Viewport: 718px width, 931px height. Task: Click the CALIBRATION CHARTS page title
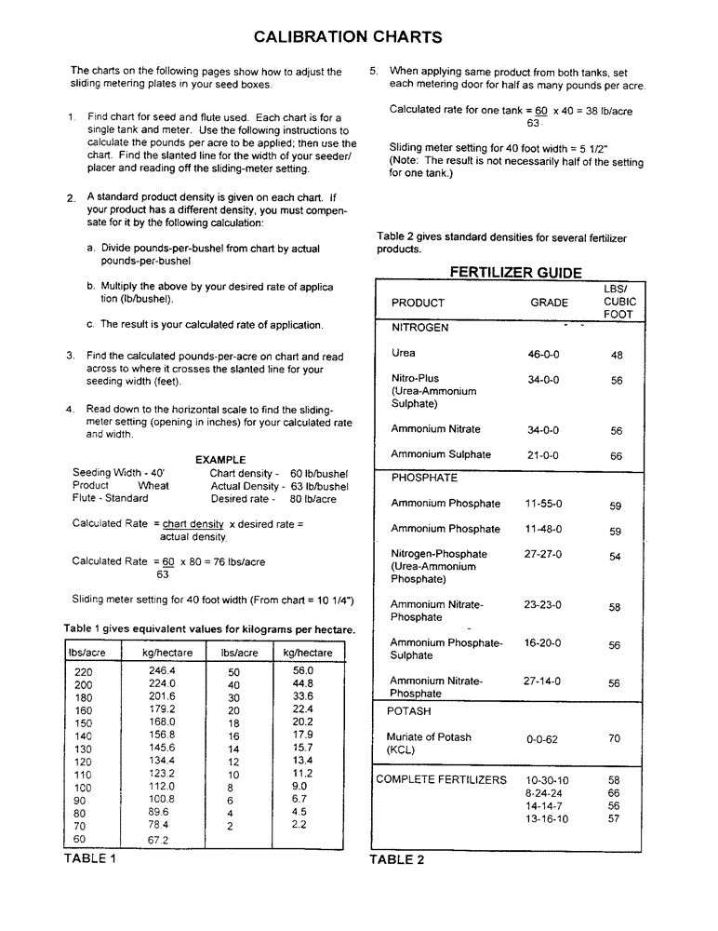(348, 37)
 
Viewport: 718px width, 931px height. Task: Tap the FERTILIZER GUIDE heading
(515, 273)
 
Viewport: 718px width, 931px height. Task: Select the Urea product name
(404, 354)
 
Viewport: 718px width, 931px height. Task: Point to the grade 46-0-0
(543, 355)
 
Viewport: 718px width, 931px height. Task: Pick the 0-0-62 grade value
(542, 739)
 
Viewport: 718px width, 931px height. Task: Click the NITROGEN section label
(419, 328)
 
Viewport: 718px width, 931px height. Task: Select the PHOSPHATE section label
(424, 478)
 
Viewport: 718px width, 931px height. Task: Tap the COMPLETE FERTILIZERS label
(442, 780)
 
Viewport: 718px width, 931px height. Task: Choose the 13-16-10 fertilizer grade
(547, 819)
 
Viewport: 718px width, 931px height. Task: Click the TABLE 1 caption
(90, 858)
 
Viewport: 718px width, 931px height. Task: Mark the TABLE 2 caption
(397, 859)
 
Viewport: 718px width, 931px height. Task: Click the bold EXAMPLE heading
(220, 460)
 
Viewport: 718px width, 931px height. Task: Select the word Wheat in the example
(153, 486)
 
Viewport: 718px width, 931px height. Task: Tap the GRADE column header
(549, 303)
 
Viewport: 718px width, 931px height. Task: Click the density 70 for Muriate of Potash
(615, 739)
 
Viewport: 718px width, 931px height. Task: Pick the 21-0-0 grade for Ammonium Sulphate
(543, 455)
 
